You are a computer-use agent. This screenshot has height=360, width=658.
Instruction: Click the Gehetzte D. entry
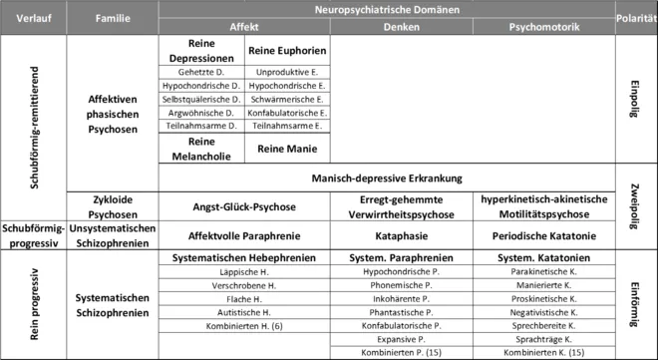point(202,73)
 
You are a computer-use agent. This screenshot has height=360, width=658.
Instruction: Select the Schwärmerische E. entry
point(287,100)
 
